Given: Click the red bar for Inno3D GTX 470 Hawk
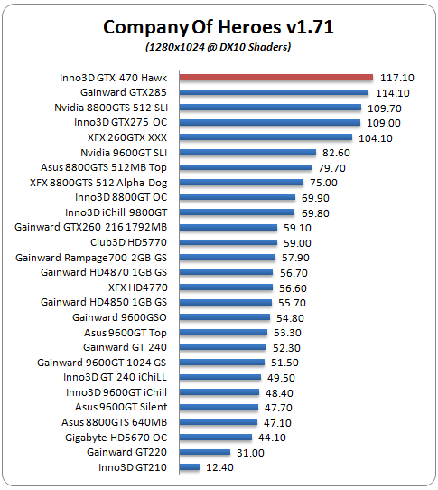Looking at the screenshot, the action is click(276, 78).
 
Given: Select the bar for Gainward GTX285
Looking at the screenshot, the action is click(274, 92).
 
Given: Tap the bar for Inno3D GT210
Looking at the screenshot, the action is click(190, 467).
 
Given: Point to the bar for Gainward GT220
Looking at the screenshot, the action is click(205, 452).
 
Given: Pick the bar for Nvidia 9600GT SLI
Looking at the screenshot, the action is click(247, 153).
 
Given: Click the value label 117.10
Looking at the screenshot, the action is click(397, 78).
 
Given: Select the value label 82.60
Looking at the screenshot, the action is click(336, 153).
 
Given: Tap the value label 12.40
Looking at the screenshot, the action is click(219, 467).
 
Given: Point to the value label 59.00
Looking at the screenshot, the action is click(297, 243).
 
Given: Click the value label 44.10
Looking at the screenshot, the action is click(272, 438).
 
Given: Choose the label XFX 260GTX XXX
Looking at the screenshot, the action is click(127, 137).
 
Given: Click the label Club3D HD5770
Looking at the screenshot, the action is click(128, 242).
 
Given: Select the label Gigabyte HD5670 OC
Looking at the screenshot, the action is click(116, 438).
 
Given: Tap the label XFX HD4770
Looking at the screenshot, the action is click(138, 287).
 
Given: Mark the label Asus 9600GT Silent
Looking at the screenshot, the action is click(121, 407).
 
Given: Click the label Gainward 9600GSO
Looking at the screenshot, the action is click(119, 317).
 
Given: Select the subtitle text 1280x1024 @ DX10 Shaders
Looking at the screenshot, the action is click(219, 47).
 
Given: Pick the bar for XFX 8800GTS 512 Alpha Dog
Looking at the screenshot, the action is click(241, 183).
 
